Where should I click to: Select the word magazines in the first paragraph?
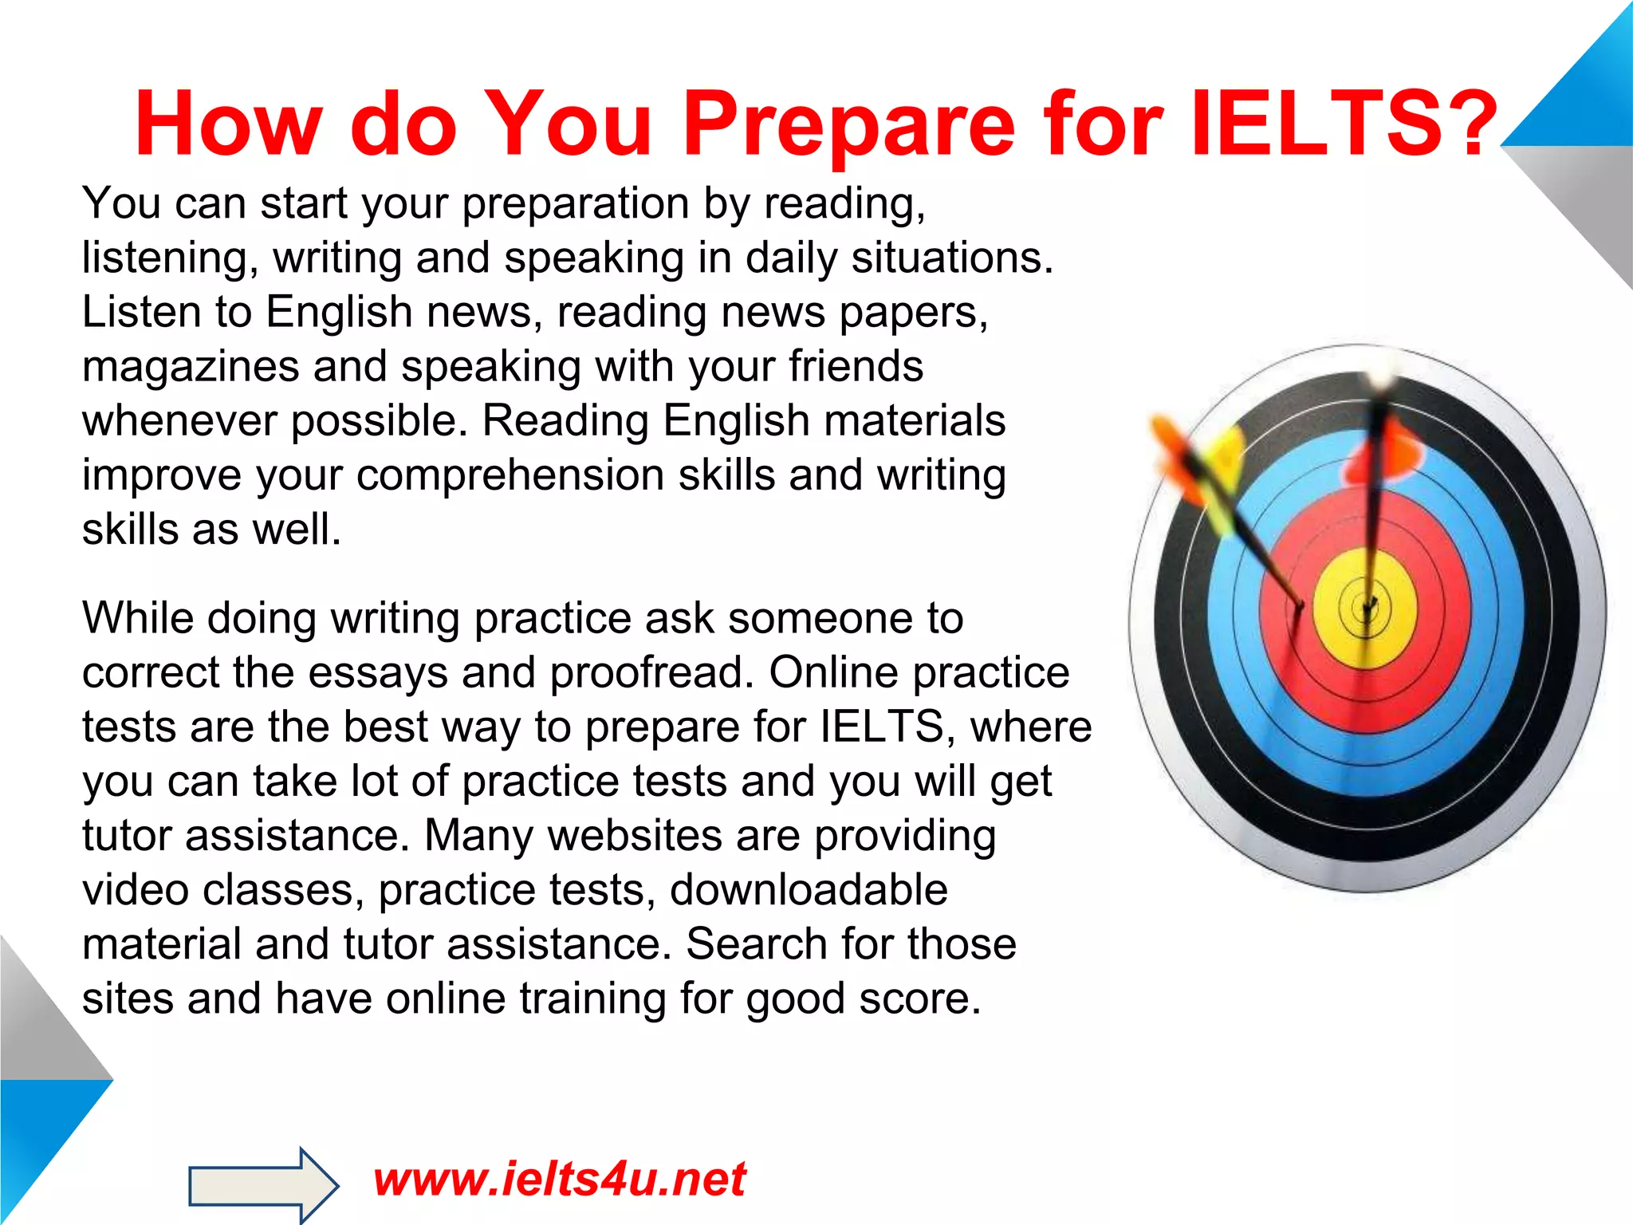pyautogui.click(x=191, y=368)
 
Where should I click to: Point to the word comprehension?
pyautogui.click(x=510, y=476)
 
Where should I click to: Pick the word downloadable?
pyautogui.click(x=809, y=889)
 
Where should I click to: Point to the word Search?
pyautogui.click(x=757, y=944)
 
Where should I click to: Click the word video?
pyautogui.click(x=135, y=889)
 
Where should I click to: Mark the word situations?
pyautogui.click(x=952, y=258)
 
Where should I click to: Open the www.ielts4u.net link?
pyautogui.click(x=559, y=1180)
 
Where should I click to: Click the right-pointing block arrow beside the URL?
pyautogui.click(x=263, y=1185)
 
